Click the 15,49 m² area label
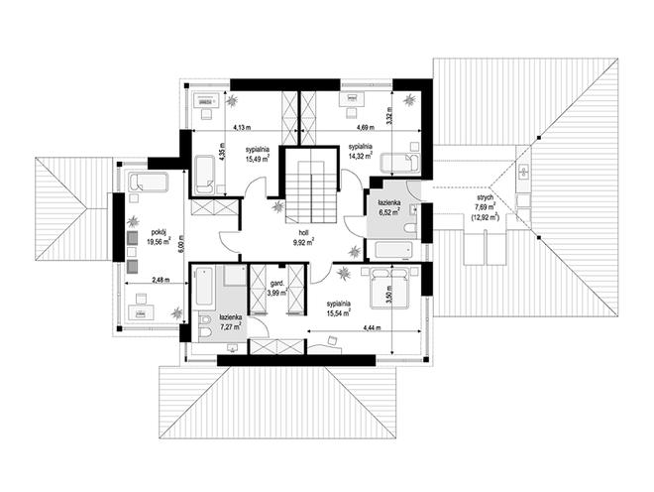click(x=258, y=158)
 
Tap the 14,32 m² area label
click(x=361, y=156)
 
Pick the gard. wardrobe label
click(x=276, y=283)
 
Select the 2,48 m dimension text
click(x=159, y=281)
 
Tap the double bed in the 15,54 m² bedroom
click(x=388, y=289)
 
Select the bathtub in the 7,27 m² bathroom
click(x=205, y=287)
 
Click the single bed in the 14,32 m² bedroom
click(x=400, y=163)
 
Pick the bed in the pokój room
click(x=148, y=183)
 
